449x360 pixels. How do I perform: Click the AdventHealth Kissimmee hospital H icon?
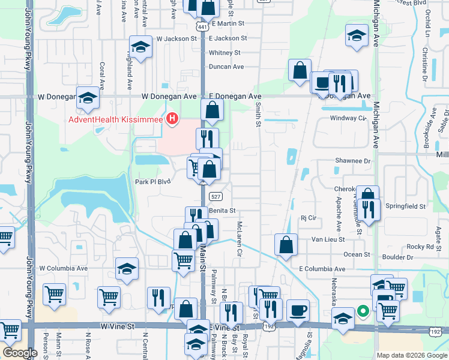point(173,119)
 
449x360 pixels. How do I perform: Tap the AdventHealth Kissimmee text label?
point(116,120)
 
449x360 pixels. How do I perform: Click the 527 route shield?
point(217,196)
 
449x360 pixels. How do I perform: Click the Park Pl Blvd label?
point(150,182)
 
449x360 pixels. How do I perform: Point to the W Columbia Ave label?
point(63,268)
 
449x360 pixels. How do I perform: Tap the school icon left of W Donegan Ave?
point(88,98)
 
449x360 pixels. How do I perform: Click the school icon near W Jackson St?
point(140,47)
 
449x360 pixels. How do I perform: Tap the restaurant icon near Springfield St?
point(369,210)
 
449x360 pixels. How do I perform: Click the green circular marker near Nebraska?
point(363,311)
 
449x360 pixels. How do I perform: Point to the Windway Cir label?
point(348,118)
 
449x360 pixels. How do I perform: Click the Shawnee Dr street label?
point(353,161)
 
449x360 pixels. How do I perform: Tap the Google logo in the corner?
point(20,353)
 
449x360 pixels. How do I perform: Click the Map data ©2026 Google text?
point(412,355)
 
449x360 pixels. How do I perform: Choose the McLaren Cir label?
point(238,238)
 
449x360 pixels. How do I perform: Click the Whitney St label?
point(224,53)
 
